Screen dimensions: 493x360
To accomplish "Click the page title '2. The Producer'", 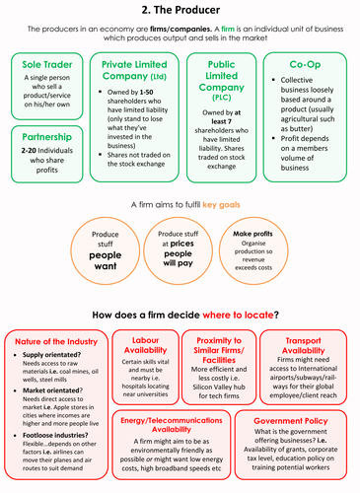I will pyautogui.click(x=180, y=10).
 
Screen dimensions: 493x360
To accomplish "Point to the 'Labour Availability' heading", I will pyautogui.click(x=144, y=346).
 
